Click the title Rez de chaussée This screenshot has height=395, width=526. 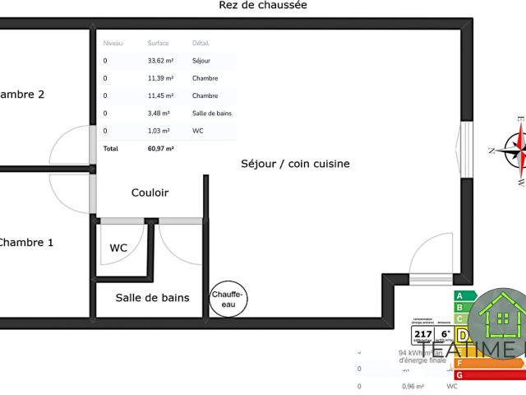(263, 6)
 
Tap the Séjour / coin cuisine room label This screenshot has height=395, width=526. (295, 164)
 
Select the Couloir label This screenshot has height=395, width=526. (150, 193)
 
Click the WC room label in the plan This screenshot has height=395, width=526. (118, 248)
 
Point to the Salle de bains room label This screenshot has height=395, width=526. (152, 298)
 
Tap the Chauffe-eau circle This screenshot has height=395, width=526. (228, 298)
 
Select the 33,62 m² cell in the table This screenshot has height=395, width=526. (160, 61)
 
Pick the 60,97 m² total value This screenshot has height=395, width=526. (160, 149)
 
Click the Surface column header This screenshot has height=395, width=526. (158, 43)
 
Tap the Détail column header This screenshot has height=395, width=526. (201, 43)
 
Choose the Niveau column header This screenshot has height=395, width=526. (113, 43)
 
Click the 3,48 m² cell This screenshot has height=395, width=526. (159, 114)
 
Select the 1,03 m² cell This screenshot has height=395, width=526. (159, 131)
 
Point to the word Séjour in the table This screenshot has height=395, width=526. (201, 61)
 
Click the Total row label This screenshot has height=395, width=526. (111, 149)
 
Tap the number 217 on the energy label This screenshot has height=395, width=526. (422, 333)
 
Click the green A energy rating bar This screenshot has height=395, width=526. (464, 296)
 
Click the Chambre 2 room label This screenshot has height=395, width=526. (21, 95)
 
